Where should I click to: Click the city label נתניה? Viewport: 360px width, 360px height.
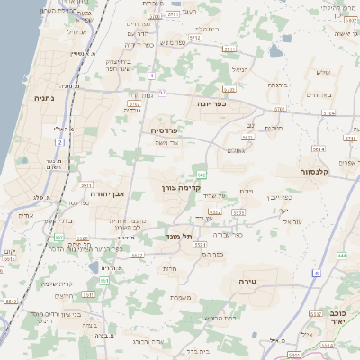(41, 97)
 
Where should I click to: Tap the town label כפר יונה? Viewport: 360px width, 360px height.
(211, 103)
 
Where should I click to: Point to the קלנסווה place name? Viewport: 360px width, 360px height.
(319, 170)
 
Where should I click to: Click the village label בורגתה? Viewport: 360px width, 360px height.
(276, 85)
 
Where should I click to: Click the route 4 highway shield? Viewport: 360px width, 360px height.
(152, 76)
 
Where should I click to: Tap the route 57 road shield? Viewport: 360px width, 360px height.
(162, 92)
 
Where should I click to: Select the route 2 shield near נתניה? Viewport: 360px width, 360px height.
(59, 141)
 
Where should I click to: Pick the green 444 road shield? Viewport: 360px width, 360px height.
(341, 256)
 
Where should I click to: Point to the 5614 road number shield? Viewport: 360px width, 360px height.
(317, 149)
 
